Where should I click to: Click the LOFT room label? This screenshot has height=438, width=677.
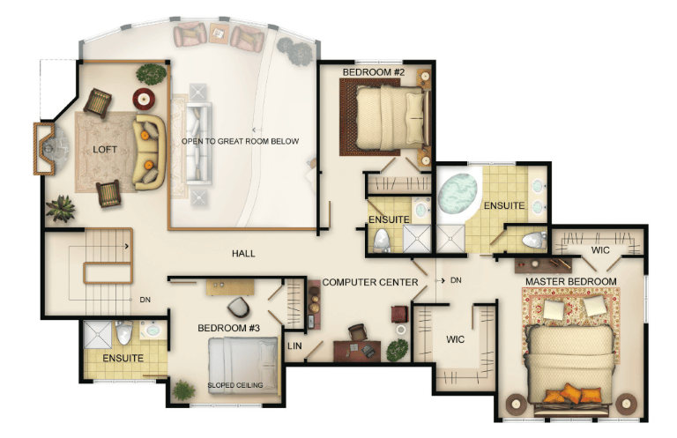(x=105, y=149)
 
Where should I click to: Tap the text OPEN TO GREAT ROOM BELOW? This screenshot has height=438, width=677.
(x=240, y=141)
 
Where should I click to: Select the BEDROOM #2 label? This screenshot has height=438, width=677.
(x=374, y=72)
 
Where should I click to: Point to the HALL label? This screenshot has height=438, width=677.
(x=243, y=253)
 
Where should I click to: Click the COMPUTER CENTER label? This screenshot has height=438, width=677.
(x=370, y=282)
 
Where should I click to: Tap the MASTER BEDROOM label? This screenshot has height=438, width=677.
(x=571, y=281)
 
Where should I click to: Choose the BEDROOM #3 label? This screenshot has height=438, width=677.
(x=229, y=328)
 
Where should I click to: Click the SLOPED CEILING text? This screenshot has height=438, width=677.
(x=235, y=385)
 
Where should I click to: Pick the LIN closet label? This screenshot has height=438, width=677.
(x=294, y=345)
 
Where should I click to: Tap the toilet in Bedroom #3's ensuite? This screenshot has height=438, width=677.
(x=124, y=332)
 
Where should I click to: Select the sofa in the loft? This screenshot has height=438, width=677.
(x=149, y=152)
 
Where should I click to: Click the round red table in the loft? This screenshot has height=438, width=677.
(x=144, y=100)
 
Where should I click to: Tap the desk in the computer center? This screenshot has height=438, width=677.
(x=358, y=351)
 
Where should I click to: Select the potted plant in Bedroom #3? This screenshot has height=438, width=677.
(x=183, y=390)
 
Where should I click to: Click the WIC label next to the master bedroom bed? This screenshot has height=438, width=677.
(x=455, y=339)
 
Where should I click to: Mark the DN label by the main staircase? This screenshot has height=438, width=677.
(x=145, y=300)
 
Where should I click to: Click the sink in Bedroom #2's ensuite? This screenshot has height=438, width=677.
(x=420, y=210)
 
